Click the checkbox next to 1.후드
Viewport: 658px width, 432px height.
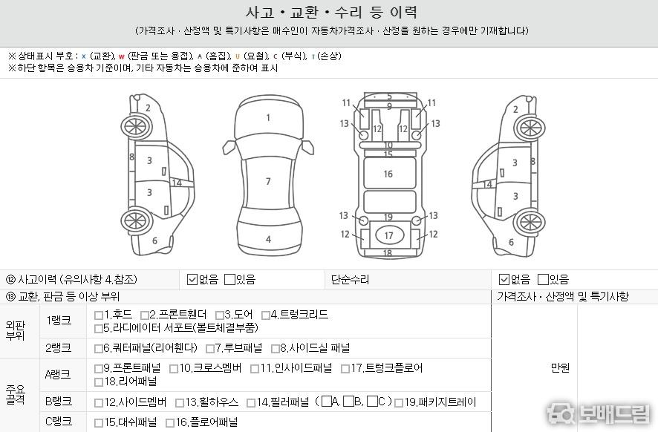(x=99, y=315)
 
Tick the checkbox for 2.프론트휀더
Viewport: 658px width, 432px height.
(x=144, y=315)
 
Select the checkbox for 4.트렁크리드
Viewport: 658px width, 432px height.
(x=265, y=315)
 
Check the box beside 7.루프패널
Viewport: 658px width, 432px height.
(x=210, y=349)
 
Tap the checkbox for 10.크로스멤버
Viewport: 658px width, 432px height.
(x=173, y=369)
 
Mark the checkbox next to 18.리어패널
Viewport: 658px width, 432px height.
(x=99, y=382)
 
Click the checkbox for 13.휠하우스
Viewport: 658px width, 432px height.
(x=180, y=403)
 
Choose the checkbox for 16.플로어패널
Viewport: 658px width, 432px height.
(x=170, y=423)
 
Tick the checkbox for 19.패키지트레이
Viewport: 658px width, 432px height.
(x=399, y=403)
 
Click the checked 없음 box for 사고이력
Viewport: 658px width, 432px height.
(x=192, y=279)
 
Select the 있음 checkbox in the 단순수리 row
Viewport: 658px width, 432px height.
(x=543, y=279)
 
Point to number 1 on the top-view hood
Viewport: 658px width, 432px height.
(x=268, y=118)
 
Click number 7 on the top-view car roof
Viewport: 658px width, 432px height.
(x=268, y=182)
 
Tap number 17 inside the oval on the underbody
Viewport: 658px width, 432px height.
(x=389, y=236)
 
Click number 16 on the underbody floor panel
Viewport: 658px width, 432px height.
(x=388, y=174)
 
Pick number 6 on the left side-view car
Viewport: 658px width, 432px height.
(x=155, y=240)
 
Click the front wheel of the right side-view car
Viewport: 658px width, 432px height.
(x=530, y=128)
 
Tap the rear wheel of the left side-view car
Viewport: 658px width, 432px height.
(x=136, y=221)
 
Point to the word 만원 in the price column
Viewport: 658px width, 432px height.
(x=560, y=368)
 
